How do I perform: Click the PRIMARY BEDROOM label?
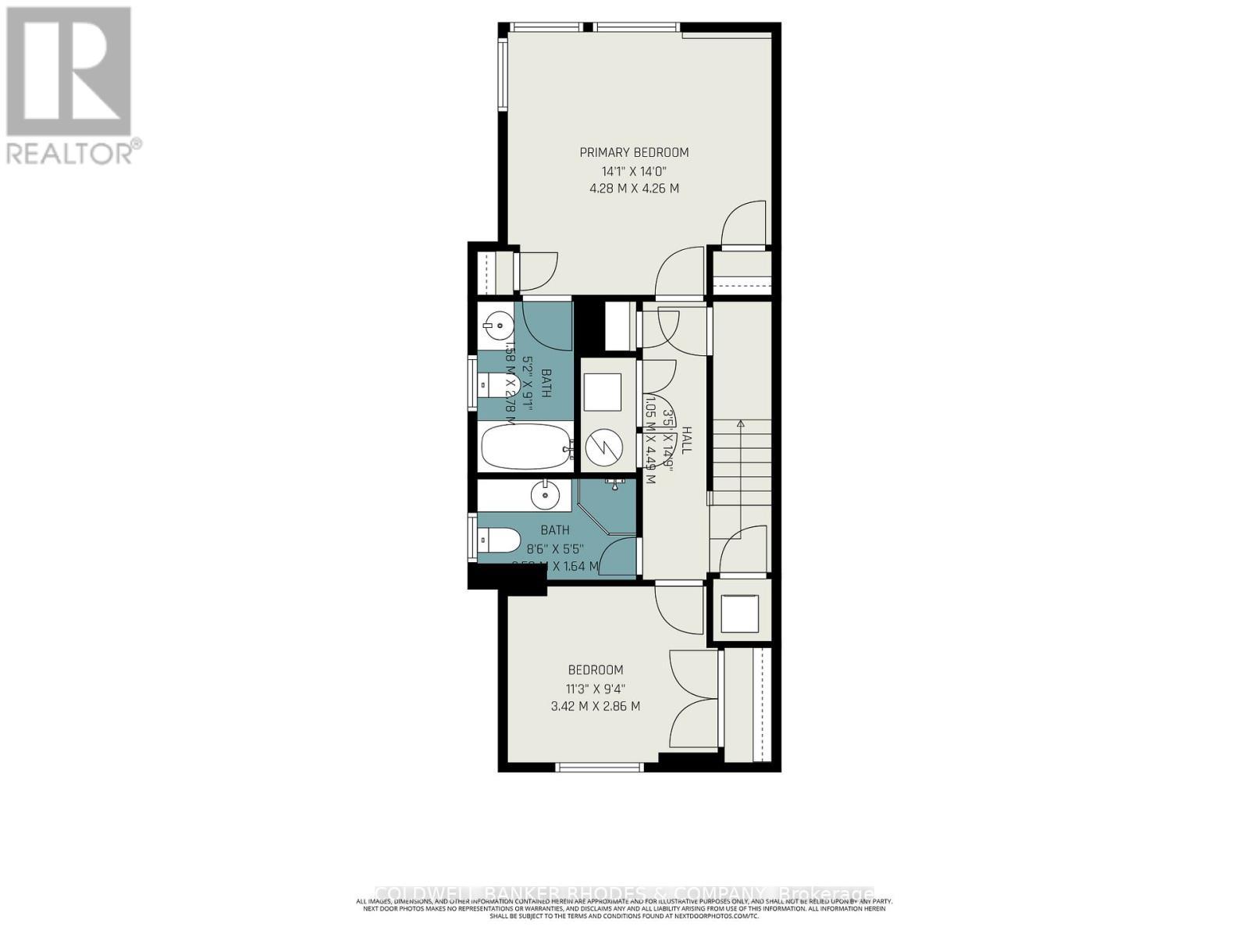coord(634,152)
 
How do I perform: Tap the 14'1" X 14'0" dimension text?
coord(634,171)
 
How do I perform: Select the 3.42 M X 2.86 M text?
coord(595,707)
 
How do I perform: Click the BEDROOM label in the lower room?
coord(595,670)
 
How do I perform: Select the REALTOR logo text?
coord(74,152)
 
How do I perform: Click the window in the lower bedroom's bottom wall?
coord(600,768)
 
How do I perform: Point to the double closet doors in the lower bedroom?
coord(693,700)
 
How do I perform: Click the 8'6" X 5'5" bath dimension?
coord(555,548)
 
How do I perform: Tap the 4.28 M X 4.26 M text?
coord(634,189)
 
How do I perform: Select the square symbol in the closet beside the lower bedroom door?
coord(738,613)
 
